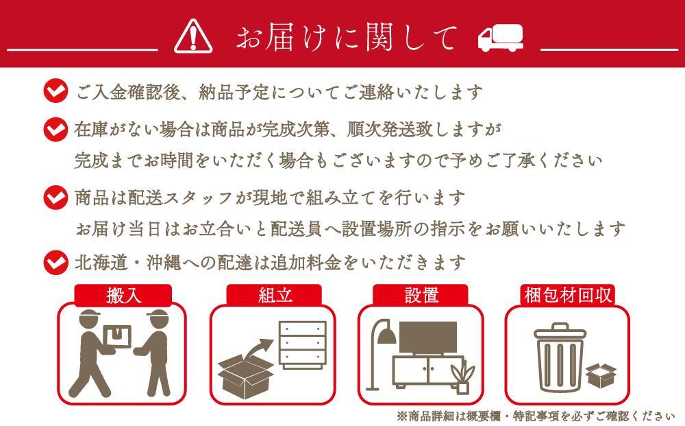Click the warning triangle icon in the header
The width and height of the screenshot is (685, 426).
point(193,36)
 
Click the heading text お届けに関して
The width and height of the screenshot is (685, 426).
point(346,37)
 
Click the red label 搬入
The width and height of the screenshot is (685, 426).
point(123,296)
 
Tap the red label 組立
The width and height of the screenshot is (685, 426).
point(275,296)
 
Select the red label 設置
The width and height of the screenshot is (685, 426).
point(421,296)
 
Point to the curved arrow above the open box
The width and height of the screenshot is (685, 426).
point(256,348)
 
